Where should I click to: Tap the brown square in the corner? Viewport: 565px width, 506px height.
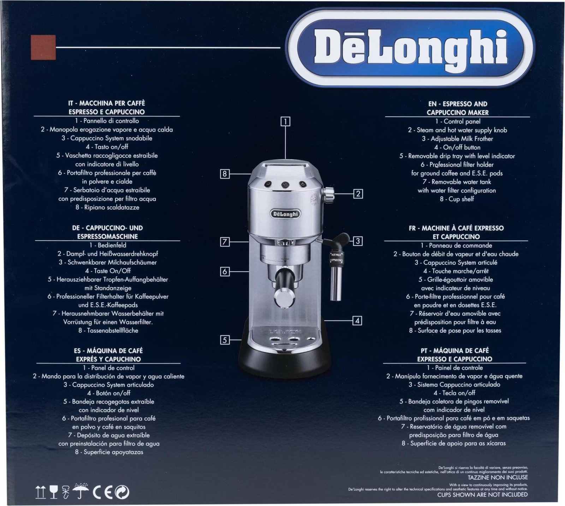(43, 47)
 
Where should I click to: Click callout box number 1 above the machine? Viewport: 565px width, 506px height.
(285, 122)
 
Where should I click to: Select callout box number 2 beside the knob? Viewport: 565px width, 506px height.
(358, 193)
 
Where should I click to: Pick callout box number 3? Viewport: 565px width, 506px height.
(358, 241)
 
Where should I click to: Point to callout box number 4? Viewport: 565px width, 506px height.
(357, 321)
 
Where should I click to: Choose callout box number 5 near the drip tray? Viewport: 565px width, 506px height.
(225, 340)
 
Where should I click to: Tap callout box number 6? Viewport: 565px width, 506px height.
(225, 271)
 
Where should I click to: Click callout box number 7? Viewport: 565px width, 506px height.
(225, 242)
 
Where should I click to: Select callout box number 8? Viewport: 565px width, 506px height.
(225, 174)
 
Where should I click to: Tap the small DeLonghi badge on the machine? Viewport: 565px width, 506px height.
(286, 214)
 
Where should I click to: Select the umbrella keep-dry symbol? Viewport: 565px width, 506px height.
(81, 491)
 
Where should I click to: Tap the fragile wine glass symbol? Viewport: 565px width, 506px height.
(54, 492)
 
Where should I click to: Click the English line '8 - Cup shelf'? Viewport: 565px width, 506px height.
(457, 199)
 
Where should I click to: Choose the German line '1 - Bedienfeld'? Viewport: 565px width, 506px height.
(108, 245)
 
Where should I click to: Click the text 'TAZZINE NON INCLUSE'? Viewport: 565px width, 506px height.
(498, 477)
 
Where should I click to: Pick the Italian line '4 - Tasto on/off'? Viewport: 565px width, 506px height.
(107, 147)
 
